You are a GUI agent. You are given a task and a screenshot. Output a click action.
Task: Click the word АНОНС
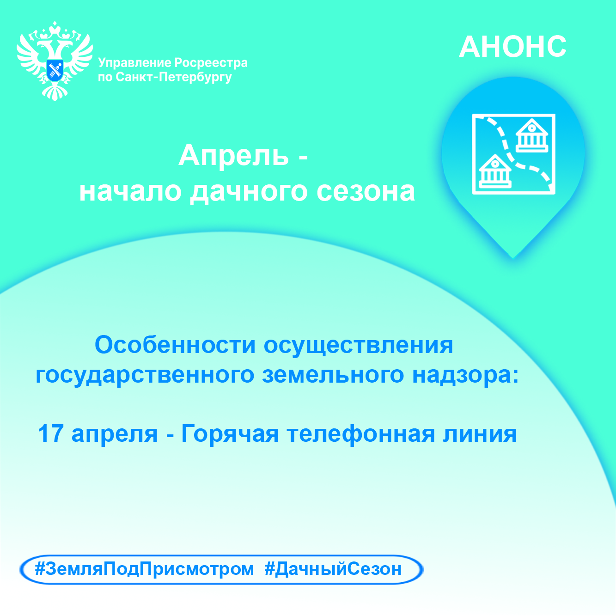512,47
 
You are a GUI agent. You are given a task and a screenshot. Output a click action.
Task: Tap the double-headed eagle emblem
55,61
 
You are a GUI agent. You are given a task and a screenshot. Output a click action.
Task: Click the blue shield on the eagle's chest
55,70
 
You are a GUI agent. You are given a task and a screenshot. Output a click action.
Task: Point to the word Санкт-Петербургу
174,77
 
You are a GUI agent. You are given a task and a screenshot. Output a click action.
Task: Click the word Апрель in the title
234,155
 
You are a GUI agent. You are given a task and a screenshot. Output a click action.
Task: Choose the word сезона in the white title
366,192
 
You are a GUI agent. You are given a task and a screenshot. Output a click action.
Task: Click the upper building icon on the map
532,135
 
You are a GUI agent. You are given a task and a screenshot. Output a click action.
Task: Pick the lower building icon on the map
495,171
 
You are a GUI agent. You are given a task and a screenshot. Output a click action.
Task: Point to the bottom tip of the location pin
513,258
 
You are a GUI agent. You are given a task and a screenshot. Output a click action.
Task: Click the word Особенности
175,345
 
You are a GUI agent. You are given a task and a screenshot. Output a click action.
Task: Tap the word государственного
145,375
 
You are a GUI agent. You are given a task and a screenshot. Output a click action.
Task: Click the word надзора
465,375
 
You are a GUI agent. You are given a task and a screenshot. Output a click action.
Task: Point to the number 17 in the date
50,433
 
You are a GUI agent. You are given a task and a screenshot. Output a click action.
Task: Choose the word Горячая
230,434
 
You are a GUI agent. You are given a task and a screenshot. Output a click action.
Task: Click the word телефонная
361,434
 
